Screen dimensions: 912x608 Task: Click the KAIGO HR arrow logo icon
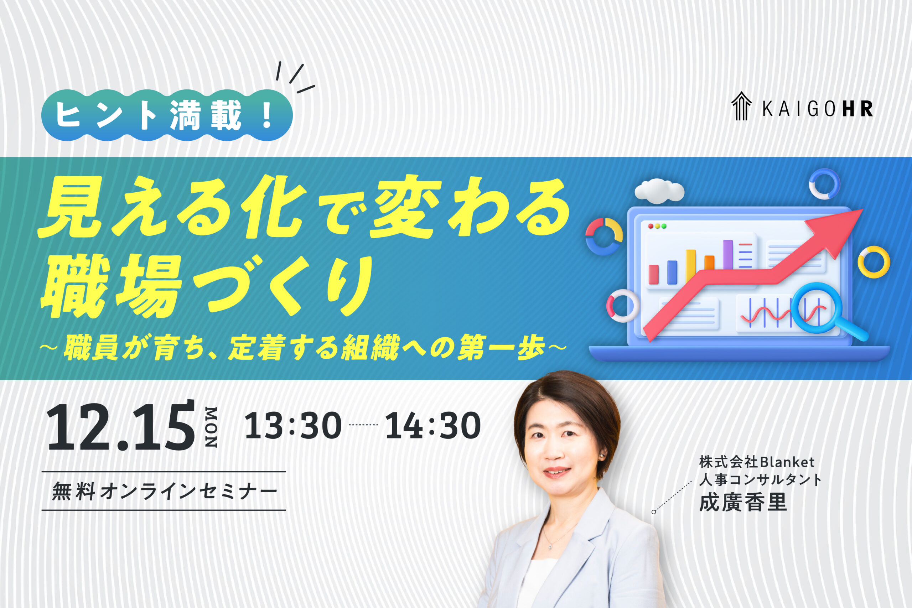tap(741, 106)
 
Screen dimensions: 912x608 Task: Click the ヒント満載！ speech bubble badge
tap(167, 115)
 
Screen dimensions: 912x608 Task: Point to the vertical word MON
tap(211, 427)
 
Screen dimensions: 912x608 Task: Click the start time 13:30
tap(293, 426)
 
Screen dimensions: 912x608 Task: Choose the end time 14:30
tap(433, 426)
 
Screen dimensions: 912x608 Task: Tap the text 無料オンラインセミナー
tap(165, 491)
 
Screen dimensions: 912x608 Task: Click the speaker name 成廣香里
tap(743, 502)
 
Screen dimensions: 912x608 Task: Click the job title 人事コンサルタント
tap(760, 480)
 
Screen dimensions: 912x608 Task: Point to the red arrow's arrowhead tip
tap(862, 210)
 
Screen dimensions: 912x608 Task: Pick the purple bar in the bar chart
tap(728, 254)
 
